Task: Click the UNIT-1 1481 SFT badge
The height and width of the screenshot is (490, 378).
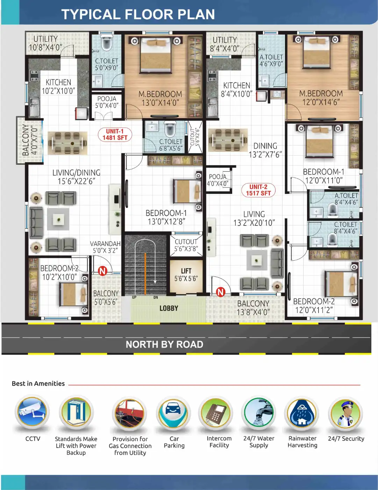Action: click(115, 135)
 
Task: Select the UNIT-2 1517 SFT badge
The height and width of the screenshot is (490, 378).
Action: click(258, 190)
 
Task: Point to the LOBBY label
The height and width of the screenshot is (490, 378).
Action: click(169, 309)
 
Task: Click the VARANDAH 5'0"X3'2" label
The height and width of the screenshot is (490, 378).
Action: click(105, 247)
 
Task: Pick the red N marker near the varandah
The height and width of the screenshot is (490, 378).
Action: click(102, 271)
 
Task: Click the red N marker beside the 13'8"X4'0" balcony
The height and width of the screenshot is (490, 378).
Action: click(221, 292)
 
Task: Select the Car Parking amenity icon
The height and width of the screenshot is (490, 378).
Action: click(174, 412)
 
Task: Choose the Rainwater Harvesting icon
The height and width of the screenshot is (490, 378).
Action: click(302, 413)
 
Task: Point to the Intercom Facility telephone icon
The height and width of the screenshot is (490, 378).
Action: click(216, 413)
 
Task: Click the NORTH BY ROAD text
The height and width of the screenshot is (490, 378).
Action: click(164, 344)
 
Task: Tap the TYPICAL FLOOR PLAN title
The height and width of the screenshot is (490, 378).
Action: click(138, 14)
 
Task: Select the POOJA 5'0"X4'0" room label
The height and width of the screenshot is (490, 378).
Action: click(107, 102)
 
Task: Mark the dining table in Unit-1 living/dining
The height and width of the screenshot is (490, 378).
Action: click(67, 143)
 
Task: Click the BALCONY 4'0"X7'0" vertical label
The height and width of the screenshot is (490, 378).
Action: click(29, 140)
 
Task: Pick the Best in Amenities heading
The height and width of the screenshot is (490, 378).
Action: click(38, 384)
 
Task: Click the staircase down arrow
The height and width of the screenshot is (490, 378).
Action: click(155, 281)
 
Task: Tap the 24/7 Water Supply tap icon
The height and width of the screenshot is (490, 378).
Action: click(259, 413)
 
